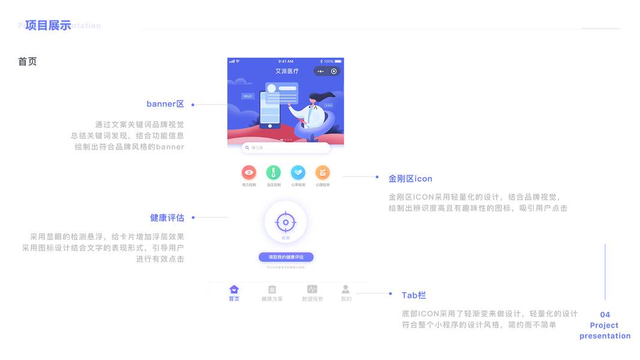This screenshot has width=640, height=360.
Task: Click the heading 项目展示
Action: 48,25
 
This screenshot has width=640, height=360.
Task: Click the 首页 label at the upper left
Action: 28,61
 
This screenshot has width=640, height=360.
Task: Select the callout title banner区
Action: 165,104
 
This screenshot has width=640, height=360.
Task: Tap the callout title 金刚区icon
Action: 410,178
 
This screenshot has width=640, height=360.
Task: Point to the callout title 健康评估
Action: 167,217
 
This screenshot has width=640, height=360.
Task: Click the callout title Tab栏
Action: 414,295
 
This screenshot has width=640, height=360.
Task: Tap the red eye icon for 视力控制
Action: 249,173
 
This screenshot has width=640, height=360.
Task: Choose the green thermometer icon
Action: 274,173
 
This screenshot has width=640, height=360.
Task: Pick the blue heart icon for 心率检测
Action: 298,173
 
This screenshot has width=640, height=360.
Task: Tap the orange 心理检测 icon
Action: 323,173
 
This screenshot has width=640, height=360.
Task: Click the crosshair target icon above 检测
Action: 286,222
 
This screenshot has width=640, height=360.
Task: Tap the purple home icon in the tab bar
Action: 234,289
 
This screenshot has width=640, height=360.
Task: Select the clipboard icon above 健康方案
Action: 272,289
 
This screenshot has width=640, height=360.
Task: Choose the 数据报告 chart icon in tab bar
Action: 312,289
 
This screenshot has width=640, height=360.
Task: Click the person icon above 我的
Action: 345,289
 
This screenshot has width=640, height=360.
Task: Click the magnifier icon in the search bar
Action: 247,148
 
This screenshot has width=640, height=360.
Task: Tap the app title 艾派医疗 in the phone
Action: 287,71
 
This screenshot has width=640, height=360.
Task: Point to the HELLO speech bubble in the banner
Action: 248,96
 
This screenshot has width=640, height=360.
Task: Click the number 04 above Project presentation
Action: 605,314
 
